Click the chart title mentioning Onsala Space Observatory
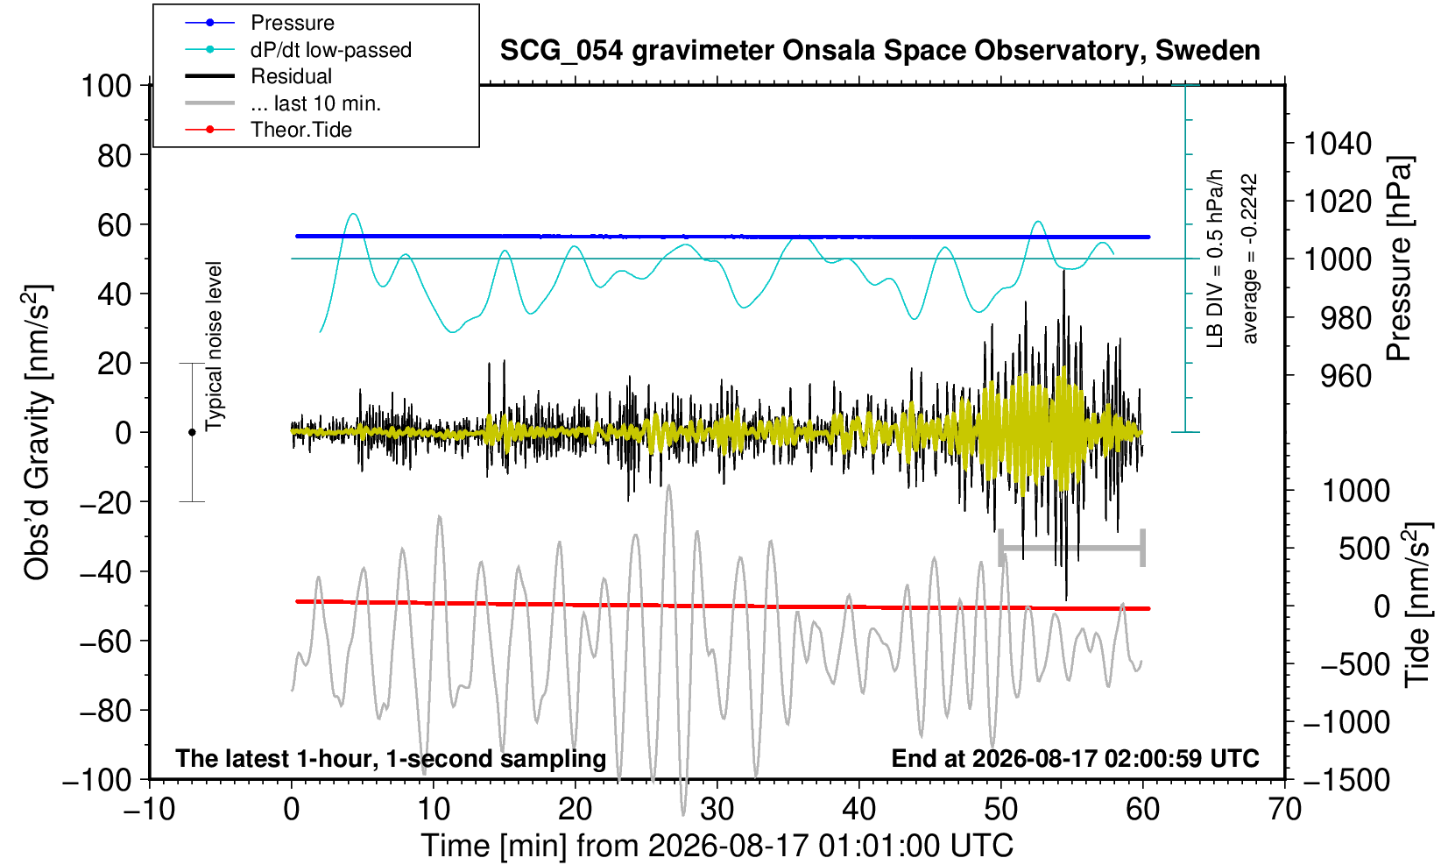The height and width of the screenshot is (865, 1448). point(879,50)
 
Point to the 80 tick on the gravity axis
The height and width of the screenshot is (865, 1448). point(115,156)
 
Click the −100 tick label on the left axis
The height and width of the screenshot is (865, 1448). point(97,780)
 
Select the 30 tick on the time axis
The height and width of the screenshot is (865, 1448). point(717,809)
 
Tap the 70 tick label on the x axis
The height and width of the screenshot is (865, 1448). point(1284,809)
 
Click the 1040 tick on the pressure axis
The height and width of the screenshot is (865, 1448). point(1338,144)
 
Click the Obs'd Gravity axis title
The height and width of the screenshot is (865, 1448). point(37,432)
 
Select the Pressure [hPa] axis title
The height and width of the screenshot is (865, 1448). point(1399,259)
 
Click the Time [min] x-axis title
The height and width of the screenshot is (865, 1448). point(717,846)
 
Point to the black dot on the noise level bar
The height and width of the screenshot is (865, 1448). point(192,432)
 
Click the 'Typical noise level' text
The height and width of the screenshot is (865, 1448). point(214,347)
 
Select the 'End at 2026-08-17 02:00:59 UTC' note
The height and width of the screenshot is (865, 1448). point(1075,758)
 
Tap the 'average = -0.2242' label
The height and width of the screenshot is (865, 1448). point(1250,259)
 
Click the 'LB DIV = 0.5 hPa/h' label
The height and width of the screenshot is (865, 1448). point(1215,259)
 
